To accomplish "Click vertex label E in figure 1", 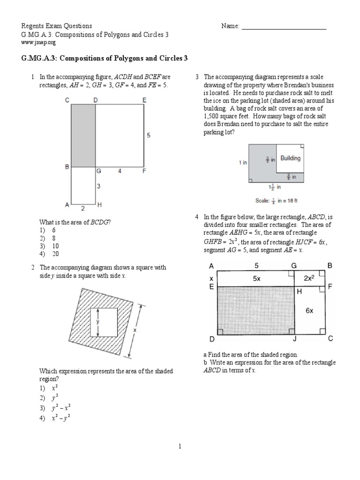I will [144, 99].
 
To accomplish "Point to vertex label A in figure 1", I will [66, 205].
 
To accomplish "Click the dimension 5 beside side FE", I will [149, 135].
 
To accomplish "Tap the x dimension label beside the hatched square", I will [135, 330].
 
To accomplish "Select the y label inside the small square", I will [97, 322].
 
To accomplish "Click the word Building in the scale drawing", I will [290, 158].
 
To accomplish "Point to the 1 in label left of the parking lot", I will [242, 162].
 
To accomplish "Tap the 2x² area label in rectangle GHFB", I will [308, 277].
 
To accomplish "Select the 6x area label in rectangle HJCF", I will [310, 310].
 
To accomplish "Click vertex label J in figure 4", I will [295, 339].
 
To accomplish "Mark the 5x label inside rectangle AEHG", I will [255, 277].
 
